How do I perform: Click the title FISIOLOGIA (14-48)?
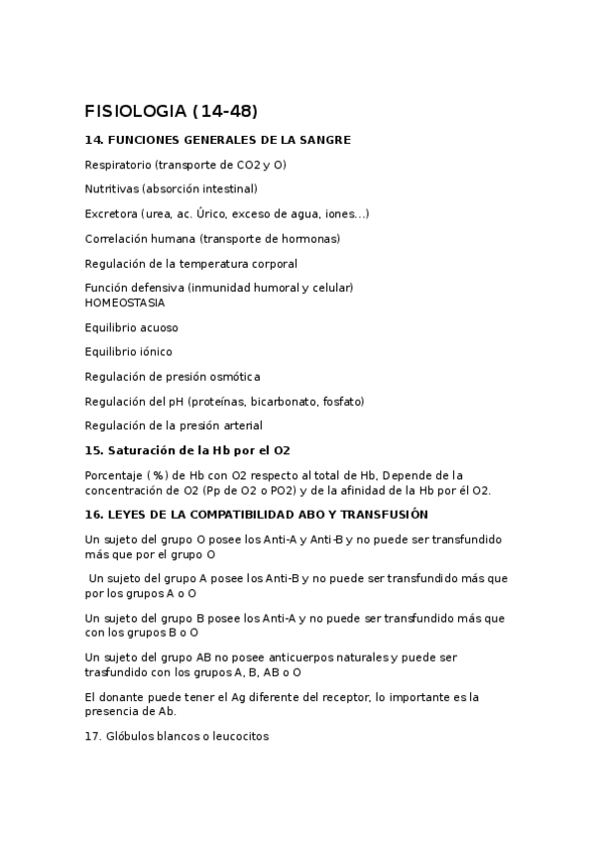point(171,110)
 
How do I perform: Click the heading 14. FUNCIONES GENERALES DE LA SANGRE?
point(218,141)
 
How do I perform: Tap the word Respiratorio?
point(117,165)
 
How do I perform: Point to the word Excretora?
point(110,214)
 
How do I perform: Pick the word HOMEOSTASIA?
point(125,302)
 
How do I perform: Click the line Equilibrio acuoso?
point(132,327)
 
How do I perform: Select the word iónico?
point(155,352)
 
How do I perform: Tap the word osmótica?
point(234,377)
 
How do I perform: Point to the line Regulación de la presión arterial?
point(174,425)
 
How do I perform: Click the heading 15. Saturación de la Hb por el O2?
point(187,450)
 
